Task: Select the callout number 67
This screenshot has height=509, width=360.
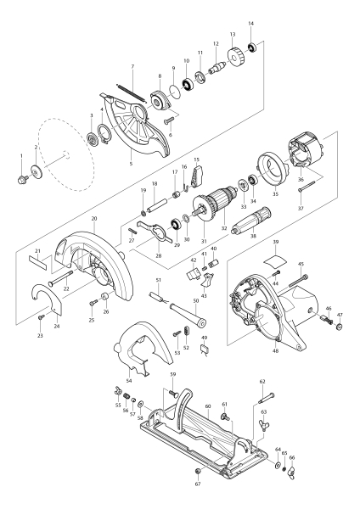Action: point(197,484)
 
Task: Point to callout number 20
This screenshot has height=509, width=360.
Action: point(95,219)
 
